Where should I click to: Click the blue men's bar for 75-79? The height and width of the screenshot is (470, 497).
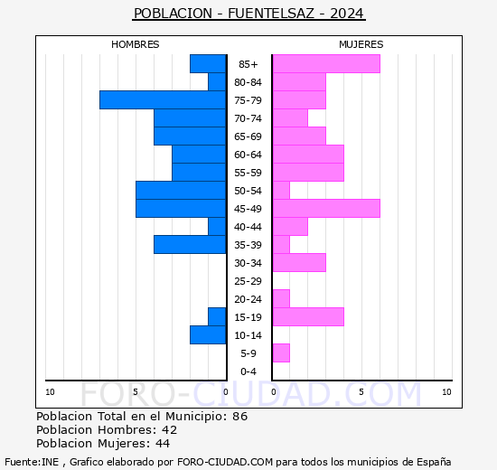click(163, 99)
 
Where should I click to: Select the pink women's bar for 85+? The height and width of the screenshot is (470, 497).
click(325, 63)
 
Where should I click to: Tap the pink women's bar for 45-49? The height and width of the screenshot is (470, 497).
click(325, 208)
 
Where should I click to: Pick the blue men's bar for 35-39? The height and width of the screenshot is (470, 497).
click(190, 244)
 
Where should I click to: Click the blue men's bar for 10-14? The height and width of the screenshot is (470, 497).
click(208, 334)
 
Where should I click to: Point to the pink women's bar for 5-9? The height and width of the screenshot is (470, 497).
click(280, 352)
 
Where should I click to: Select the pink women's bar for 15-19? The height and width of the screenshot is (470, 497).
click(307, 316)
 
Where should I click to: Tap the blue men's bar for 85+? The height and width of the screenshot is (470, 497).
click(208, 63)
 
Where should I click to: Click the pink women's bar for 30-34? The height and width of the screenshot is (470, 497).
click(298, 262)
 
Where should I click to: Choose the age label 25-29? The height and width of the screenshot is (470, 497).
click(248, 281)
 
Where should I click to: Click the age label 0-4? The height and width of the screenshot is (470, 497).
click(248, 371)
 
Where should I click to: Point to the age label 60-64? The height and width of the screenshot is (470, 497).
click(248, 155)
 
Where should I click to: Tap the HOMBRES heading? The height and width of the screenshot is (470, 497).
click(136, 44)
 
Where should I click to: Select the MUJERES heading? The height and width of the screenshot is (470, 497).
click(361, 44)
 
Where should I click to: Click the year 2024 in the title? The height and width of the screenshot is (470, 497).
click(348, 14)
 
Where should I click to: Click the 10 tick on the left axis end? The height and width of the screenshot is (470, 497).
click(50, 391)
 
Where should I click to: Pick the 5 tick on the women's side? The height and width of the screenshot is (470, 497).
click(361, 391)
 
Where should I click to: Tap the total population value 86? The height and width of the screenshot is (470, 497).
click(239, 417)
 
